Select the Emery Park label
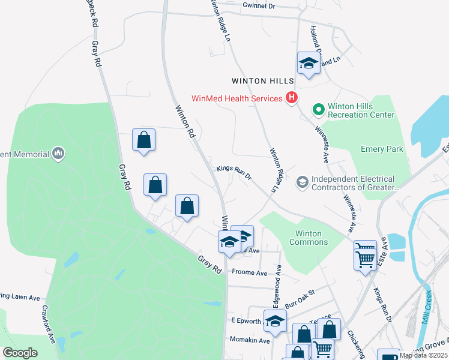pyautogui.click(x=382, y=149)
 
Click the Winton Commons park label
pyautogui.click(x=309, y=238)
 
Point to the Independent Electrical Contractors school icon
pyautogui.click(x=302, y=181)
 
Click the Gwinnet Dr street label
pyautogui.click(x=259, y=5)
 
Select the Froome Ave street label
pyautogui.click(x=249, y=273)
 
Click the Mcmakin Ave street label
pyautogui.click(x=248, y=340)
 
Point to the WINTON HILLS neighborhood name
pyautogui.click(x=264, y=80)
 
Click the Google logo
pyautogui.click(x=20, y=353)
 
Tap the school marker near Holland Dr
pyautogui.click(x=309, y=64)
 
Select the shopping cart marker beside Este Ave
pyautogui.click(x=365, y=257)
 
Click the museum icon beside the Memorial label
pyautogui.click(x=58, y=154)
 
